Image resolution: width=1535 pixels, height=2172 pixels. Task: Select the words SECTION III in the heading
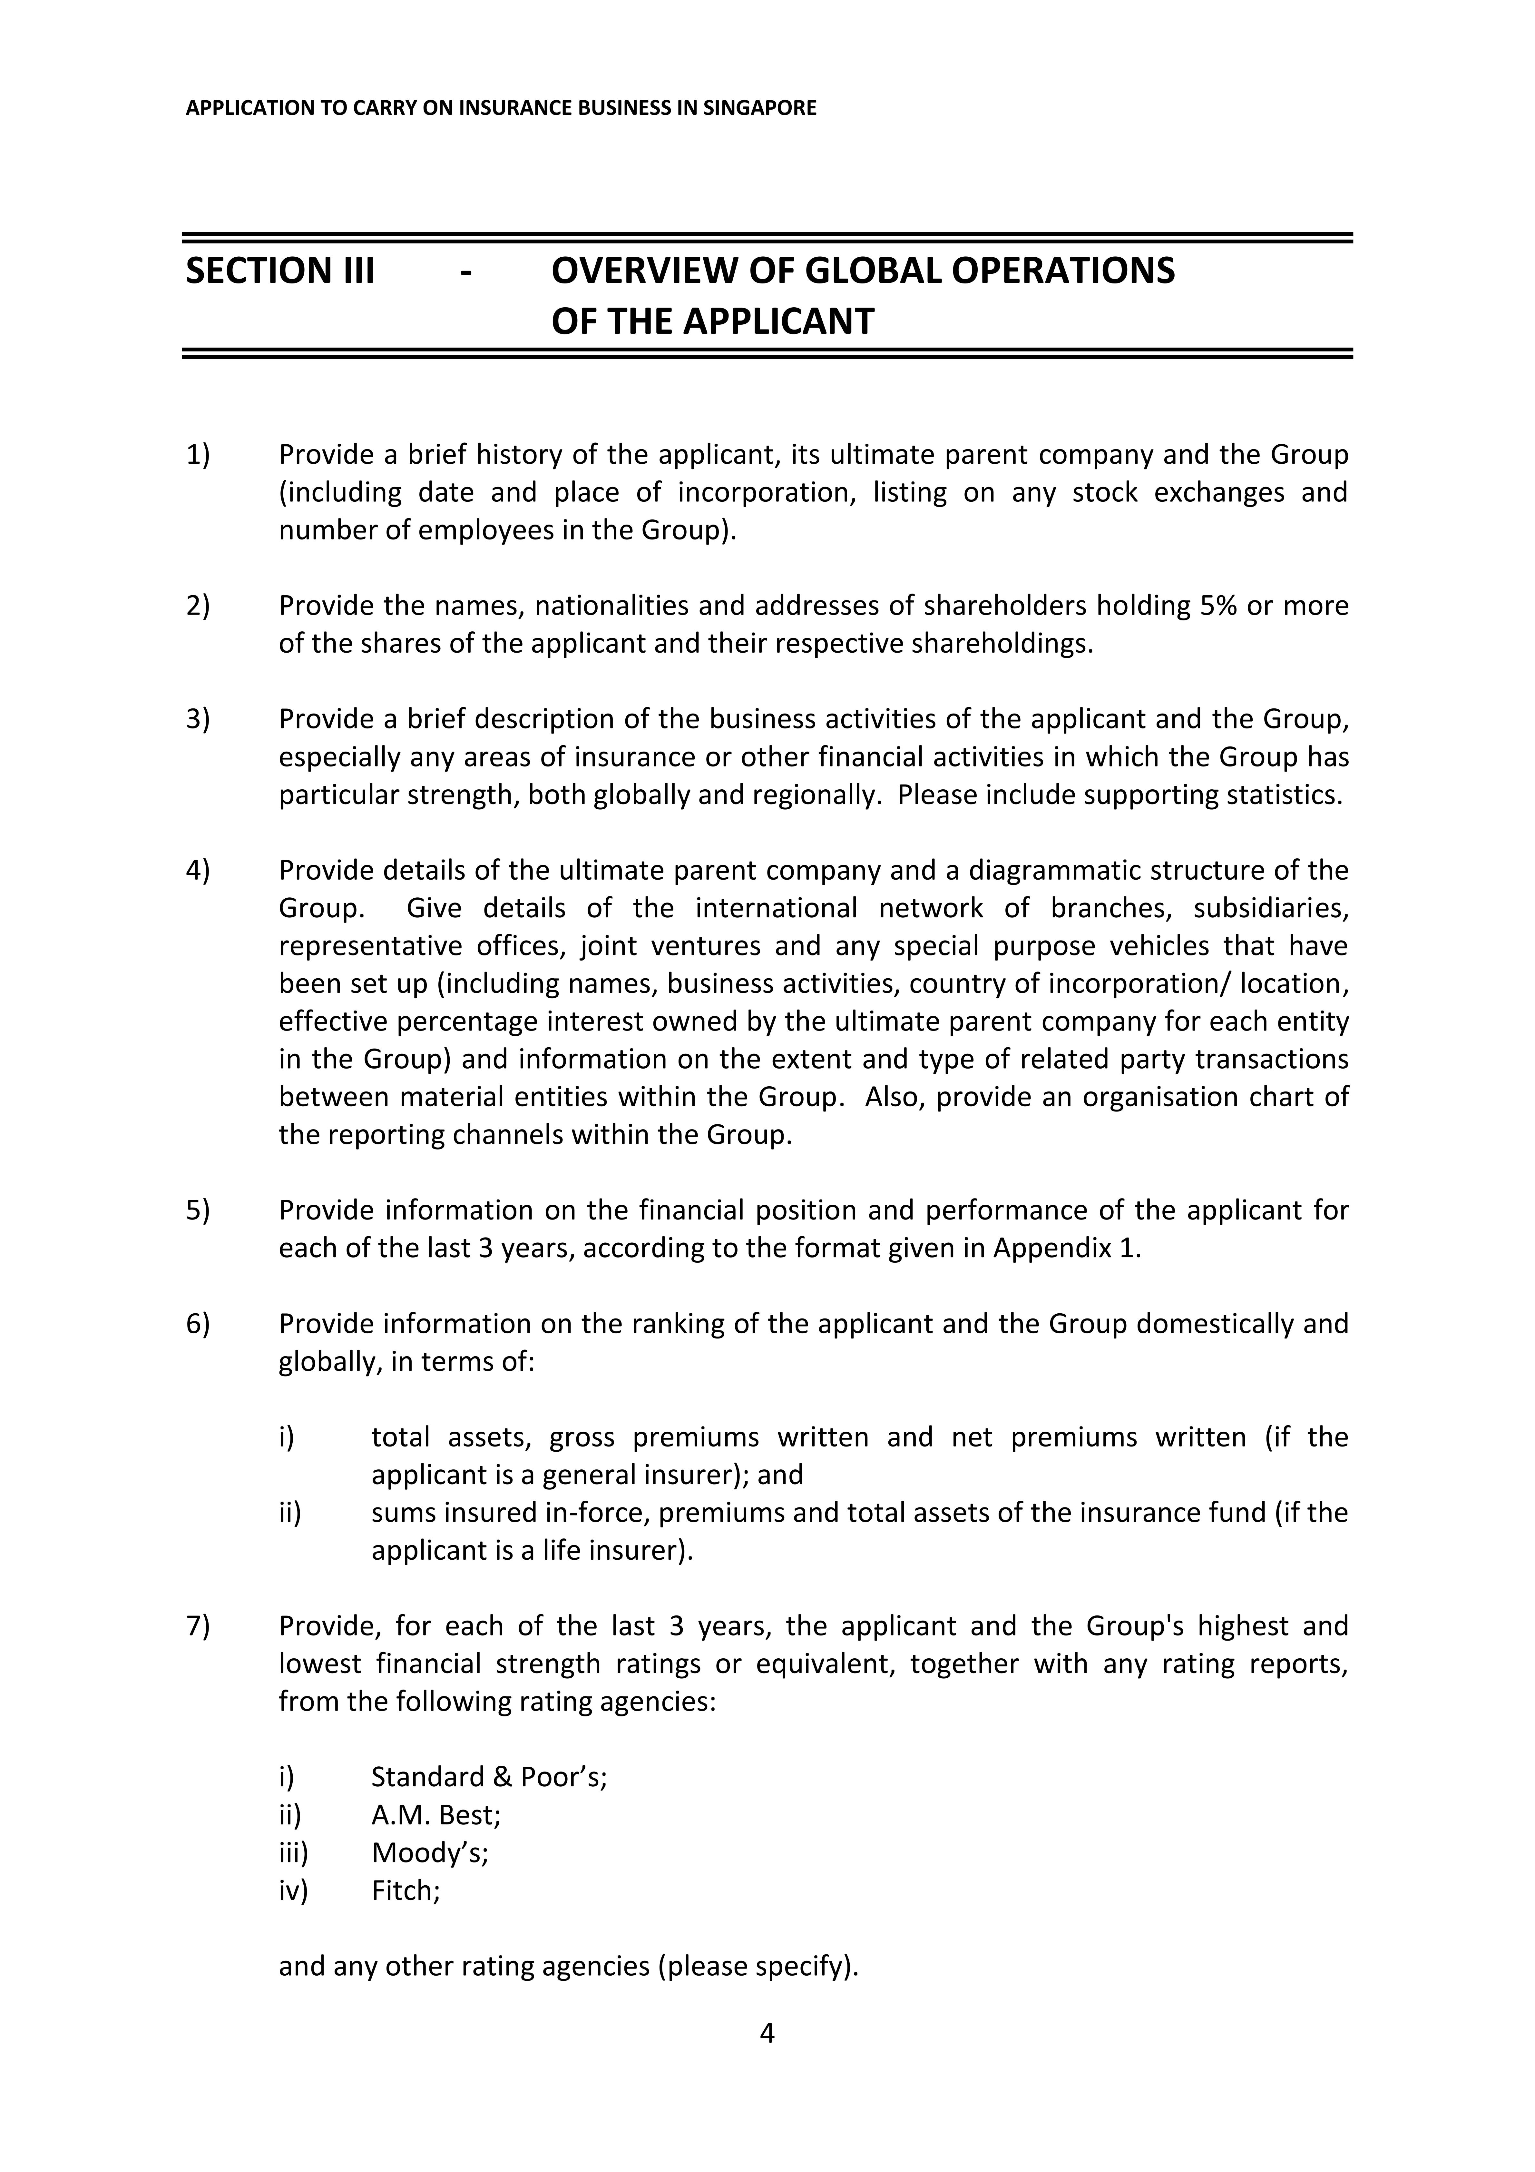[280, 271]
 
